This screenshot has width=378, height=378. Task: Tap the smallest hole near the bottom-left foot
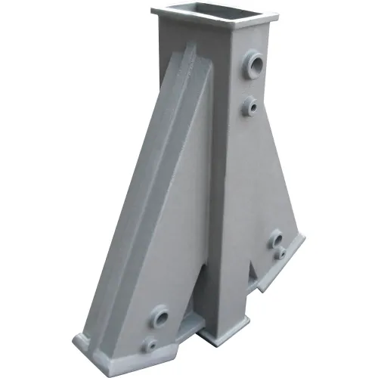(153, 343)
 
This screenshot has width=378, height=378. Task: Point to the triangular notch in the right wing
(257, 276)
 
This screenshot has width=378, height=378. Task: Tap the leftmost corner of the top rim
(151, 10)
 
